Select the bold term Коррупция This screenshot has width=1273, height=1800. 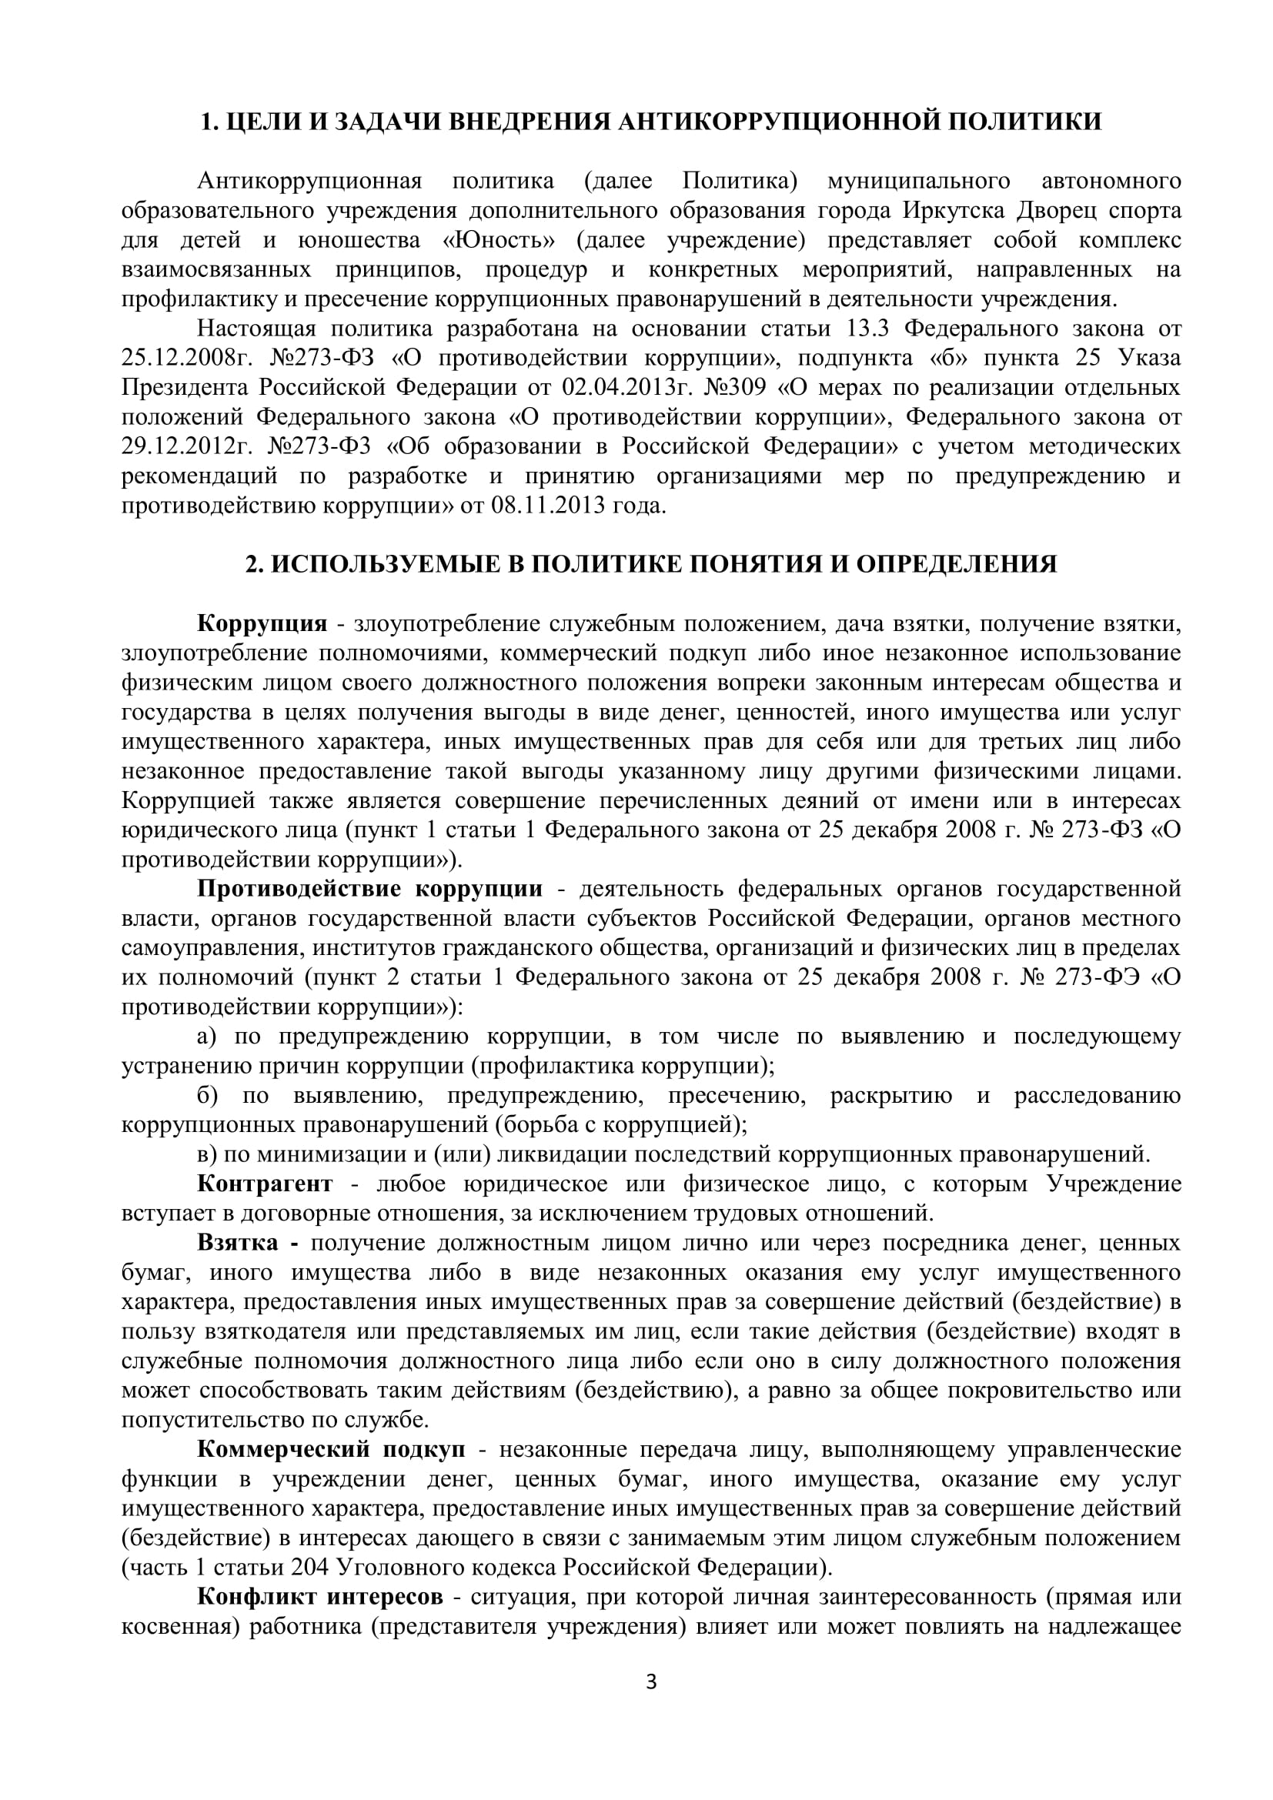(262, 623)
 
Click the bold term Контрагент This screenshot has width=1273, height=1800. (265, 1183)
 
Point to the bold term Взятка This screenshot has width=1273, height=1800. (238, 1243)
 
